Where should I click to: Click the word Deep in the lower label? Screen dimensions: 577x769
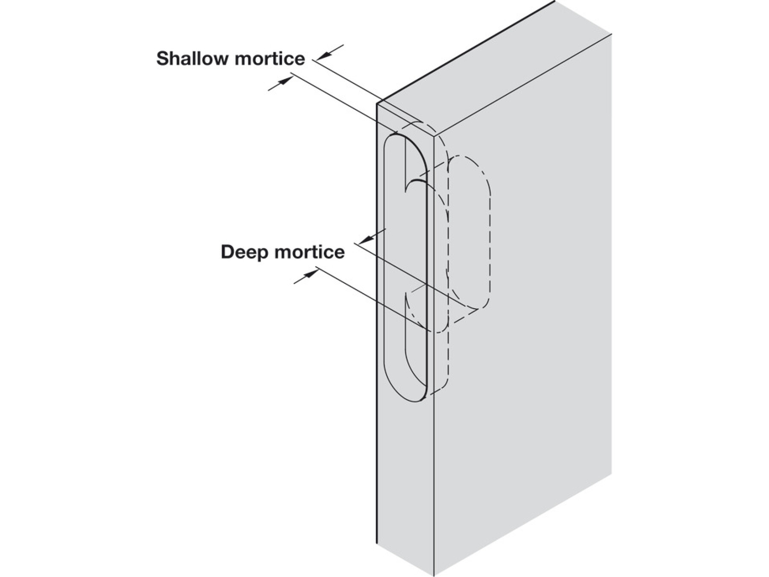(240, 252)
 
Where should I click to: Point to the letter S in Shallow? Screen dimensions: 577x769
(162, 59)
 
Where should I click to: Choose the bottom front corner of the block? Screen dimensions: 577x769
(434, 575)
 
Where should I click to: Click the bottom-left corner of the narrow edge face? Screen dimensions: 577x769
(377, 544)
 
